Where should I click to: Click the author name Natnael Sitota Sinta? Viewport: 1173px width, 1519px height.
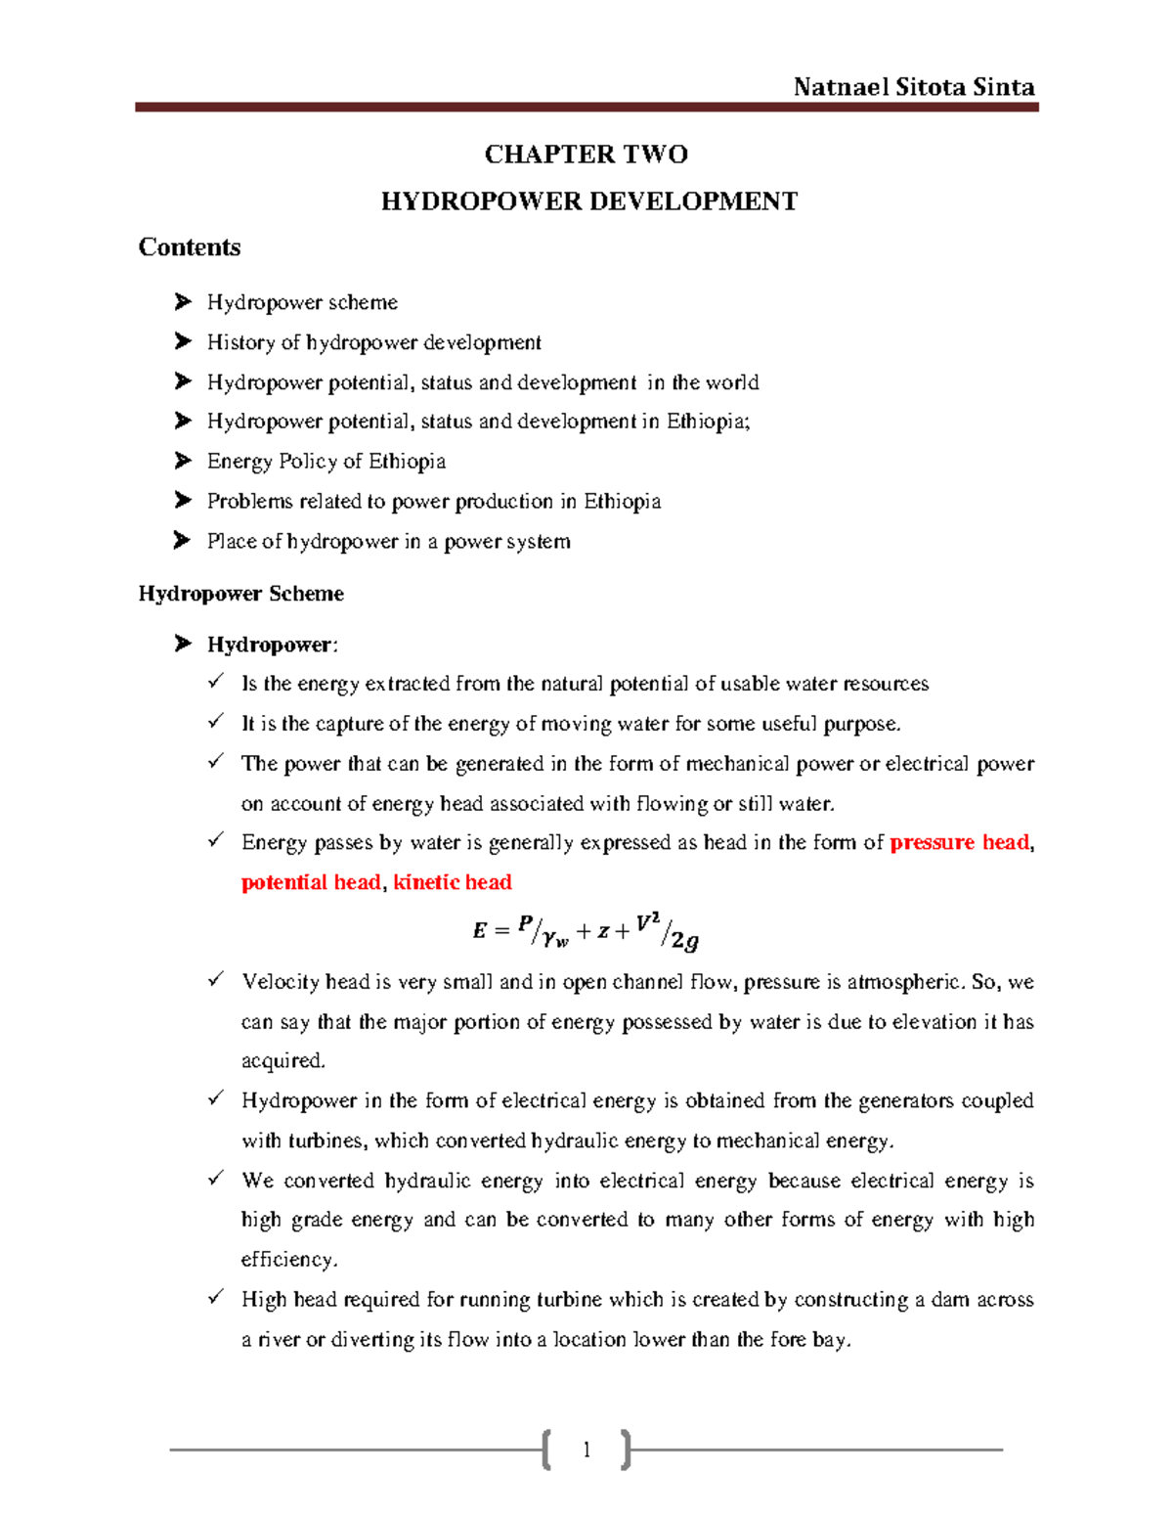pos(913,87)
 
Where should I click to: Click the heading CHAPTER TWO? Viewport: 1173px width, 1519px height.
pos(586,155)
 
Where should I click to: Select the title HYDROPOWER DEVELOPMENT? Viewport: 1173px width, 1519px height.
pos(588,201)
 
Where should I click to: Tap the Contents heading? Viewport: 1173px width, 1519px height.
pos(190,247)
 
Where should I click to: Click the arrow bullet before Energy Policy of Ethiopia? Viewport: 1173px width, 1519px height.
pos(183,461)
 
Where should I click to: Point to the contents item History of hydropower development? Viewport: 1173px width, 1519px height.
pos(373,342)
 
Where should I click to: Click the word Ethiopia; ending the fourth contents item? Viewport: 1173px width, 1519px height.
pos(709,422)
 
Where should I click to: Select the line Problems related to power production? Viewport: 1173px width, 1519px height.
pos(433,501)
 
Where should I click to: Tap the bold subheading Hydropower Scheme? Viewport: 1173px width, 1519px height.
pos(240,594)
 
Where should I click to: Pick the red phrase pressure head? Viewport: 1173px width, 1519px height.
pos(960,842)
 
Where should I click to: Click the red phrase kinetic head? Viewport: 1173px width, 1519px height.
pos(452,882)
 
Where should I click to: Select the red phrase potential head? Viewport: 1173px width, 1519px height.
pos(310,882)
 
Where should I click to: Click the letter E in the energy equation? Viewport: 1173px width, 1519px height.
pos(479,931)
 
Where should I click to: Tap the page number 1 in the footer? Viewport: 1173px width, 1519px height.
pos(586,1450)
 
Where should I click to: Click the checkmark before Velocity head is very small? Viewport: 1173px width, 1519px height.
pos(216,980)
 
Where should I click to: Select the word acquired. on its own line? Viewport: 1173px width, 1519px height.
pos(283,1061)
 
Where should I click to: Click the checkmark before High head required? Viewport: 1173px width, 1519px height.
pos(216,1298)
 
